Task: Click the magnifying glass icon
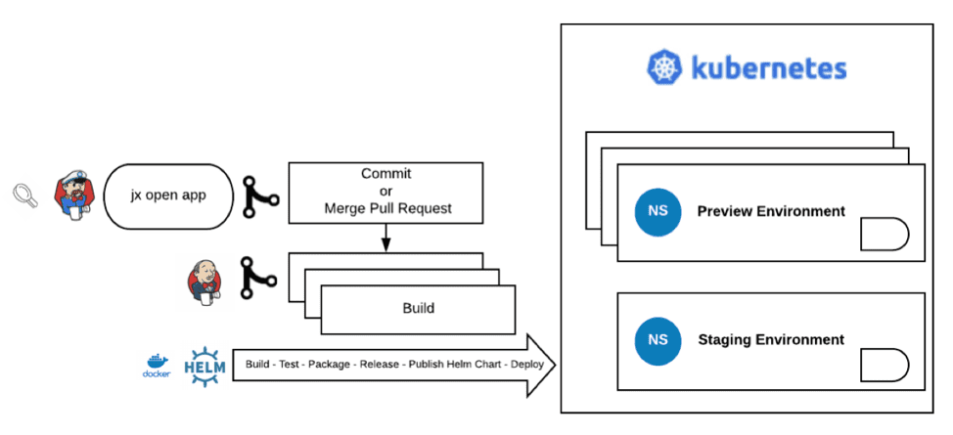pyautogui.click(x=25, y=196)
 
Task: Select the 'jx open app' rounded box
pyautogui.click(x=168, y=196)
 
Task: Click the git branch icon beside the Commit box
pyautogui.click(x=259, y=196)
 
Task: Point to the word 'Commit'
pyautogui.click(x=386, y=174)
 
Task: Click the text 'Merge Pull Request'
pyautogui.click(x=387, y=208)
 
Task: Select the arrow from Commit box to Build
pyautogui.click(x=386, y=238)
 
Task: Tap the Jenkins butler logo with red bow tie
pyautogui.click(x=204, y=282)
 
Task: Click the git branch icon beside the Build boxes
pyautogui.click(x=258, y=278)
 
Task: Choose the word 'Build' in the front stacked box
pyautogui.click(x=419, y=308)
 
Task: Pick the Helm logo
pyautogui.click(x=204, y=367)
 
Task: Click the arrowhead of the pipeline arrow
pyautogui.click(x=542, y=366)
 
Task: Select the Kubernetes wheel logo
pyautogui.click(x=664, y=66)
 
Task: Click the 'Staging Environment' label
pyautogui.click(x=771, y=339)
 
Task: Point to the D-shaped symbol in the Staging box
pyautogui.click(x=885, y=365)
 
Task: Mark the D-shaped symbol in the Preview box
pyautogui.click(x=885, y=234)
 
